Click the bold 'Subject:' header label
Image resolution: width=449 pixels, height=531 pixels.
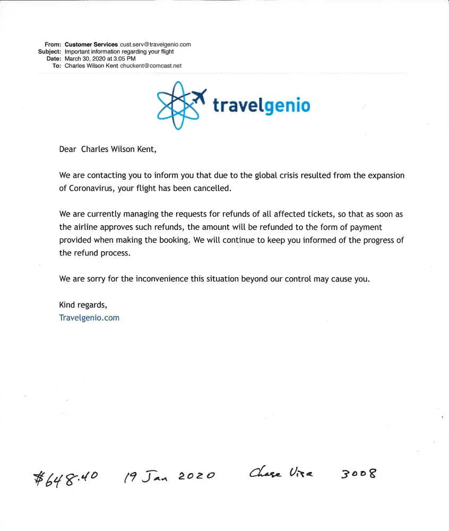pos(49,52)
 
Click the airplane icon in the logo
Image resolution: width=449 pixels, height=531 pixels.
pos(198,97)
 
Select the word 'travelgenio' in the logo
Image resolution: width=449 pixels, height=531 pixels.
pos(261,105)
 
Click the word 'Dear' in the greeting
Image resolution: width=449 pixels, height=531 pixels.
pos(67,149)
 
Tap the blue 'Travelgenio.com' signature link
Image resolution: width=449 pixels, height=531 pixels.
pos(89,318)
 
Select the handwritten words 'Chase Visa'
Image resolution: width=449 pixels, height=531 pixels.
pos(281,473)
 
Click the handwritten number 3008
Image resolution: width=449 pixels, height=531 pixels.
pos(358,473)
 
